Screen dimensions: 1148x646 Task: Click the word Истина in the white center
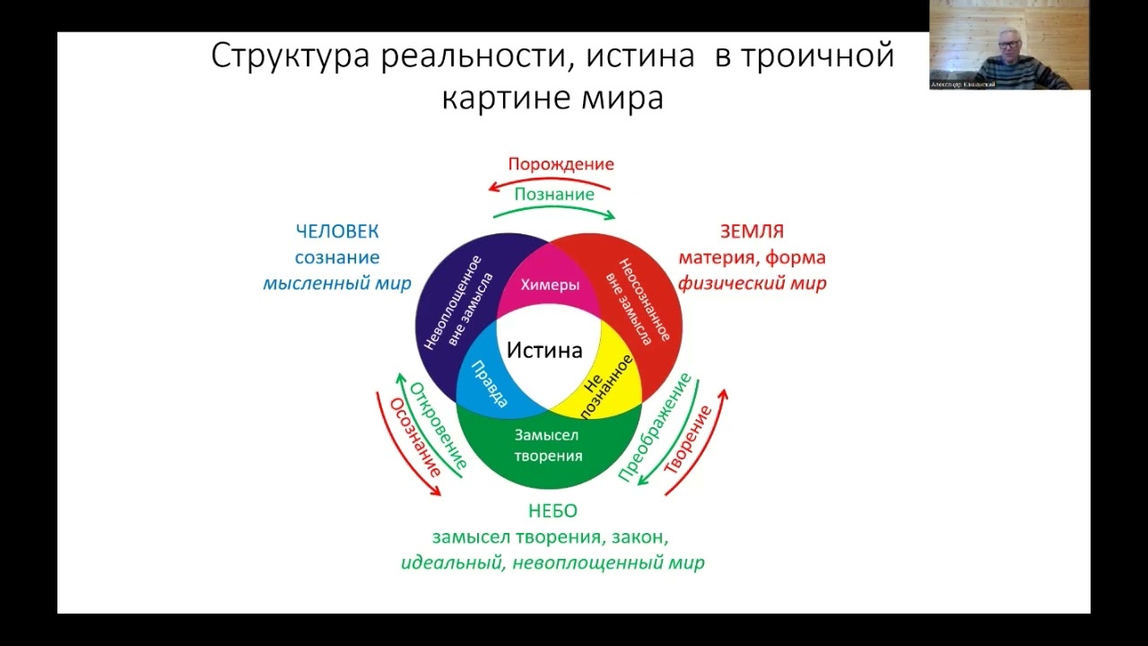coord(544,350)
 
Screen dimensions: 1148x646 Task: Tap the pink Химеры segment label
coord(550,284)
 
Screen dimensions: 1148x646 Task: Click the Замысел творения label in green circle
coord(548,445)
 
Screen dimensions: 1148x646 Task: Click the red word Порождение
coord(561,164)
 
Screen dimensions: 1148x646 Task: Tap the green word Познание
coord(554,194)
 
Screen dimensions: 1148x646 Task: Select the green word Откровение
coord(439,426)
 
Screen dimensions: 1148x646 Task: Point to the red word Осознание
coord(414,438)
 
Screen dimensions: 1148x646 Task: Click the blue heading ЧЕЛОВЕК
coord(337,231)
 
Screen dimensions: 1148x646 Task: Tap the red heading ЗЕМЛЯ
coord(752,231)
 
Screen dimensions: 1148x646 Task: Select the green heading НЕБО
coord(552,511)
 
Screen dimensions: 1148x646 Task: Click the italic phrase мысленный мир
coord(337,284)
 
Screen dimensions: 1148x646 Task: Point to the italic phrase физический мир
coord(752,284)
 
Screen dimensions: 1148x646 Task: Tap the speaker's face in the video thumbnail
coord(1008,41)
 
